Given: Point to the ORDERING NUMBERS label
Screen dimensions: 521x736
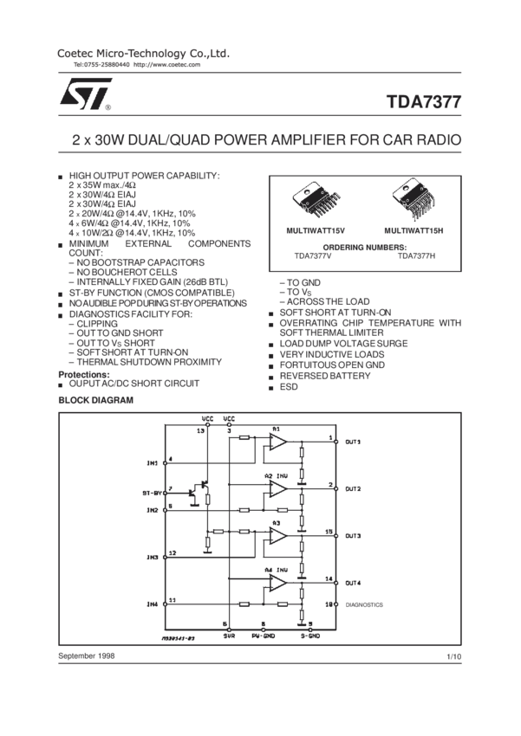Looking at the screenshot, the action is pos(363,247).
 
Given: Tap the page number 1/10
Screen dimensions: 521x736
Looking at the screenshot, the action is pos(454,659).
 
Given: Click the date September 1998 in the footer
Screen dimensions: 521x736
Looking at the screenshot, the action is pos(87,659).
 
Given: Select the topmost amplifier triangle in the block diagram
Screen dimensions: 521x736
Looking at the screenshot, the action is pos(278,442).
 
